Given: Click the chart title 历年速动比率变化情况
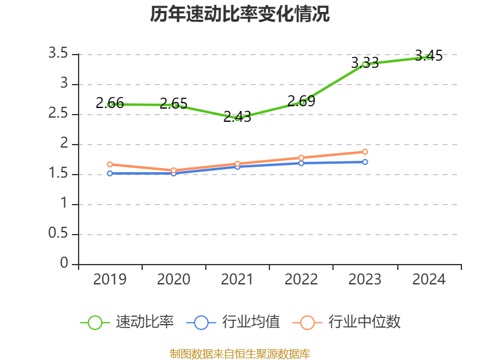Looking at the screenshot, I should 240,14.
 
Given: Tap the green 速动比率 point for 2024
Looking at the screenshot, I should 428,56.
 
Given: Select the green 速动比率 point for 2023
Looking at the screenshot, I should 365,64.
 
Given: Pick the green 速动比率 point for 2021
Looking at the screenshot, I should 238,118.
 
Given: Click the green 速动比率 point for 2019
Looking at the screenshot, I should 110,104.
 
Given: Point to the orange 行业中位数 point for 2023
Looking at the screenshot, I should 365,152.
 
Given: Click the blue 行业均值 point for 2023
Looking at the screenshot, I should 365,162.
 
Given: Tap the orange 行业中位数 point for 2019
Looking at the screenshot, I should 110,164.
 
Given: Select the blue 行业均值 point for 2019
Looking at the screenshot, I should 110,173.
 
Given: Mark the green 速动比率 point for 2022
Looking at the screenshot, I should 301,102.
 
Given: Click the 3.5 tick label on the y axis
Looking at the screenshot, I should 58,54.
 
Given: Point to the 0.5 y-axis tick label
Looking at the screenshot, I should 58,234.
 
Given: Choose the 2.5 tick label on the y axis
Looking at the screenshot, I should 58,114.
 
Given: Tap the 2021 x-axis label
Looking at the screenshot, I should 238,280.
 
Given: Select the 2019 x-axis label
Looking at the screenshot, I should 110,280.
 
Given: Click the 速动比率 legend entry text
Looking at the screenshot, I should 145,322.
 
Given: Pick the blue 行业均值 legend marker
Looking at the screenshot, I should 201,322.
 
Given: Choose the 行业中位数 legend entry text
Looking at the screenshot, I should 364,322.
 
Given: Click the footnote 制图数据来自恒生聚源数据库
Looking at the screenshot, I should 240,353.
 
